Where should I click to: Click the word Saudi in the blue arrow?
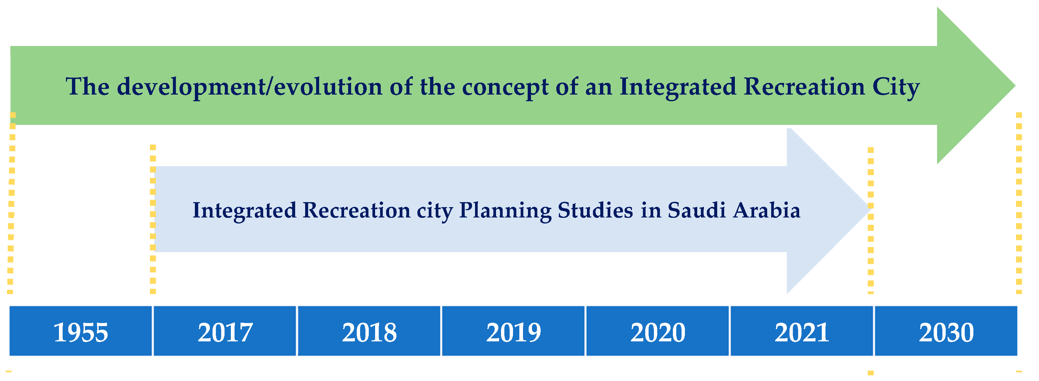697,210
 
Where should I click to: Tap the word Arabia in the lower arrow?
767,210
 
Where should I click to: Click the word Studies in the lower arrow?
595,210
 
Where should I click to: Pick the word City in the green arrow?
896,87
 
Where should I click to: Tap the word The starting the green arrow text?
88,86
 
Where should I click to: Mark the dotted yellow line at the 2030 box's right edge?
1019,201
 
